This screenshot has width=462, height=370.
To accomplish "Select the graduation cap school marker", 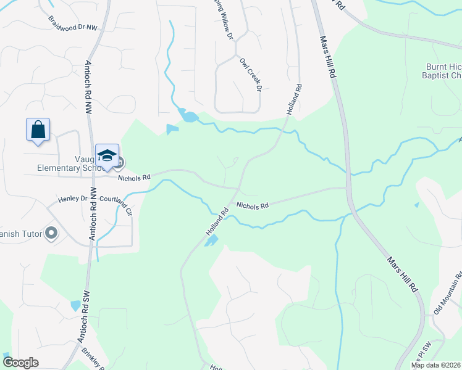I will tap(107, 155).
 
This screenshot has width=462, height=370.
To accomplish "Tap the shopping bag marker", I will tap(38, 130).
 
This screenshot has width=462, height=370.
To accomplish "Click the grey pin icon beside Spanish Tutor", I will tap(51, 233).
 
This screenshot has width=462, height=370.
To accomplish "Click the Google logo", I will tap(21, 362).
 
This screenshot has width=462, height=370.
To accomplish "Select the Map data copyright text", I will tap(435, 365).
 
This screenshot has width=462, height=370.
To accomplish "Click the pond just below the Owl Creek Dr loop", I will tap(188, 115).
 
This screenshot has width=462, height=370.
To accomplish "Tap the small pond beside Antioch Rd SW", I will tap(75, 305).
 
